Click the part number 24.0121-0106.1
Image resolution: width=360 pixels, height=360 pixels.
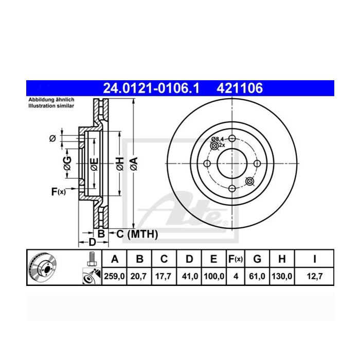pyautogui.click(x=151, y=88)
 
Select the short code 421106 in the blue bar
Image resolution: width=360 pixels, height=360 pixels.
pyautogui.click(x=240, y=88)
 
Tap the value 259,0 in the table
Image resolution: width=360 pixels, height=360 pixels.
pyautogui.click(x=114, y=276)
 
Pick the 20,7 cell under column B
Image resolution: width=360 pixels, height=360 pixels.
pyautogui.click(x=138, y=276)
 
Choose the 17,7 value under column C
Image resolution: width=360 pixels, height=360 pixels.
pyautogui.click(x=163, y=276)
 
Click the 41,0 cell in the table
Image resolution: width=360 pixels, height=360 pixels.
pyautogui.click(x=190, y=276)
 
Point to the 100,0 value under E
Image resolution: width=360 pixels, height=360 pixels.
pyautogui.click(x=214, y=276)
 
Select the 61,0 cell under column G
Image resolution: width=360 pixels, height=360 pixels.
pyautogui.click(x=257, y=276)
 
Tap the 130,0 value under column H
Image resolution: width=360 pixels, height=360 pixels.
pyautogui.click(x=282, y=276)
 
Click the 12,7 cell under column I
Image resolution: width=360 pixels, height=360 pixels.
pyautogui.click(x=315, y=276)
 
